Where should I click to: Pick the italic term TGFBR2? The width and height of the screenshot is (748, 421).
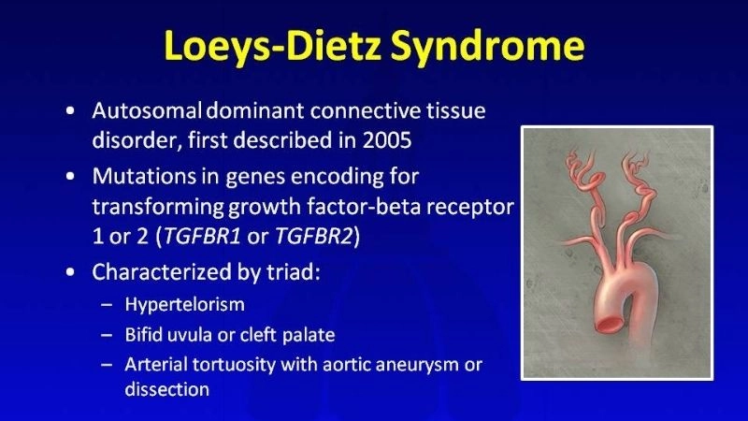(x=313, y=236)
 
